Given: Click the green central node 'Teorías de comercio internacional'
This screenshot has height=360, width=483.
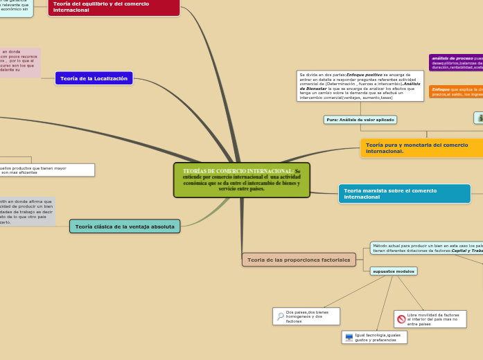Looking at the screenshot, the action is tap(241, 180).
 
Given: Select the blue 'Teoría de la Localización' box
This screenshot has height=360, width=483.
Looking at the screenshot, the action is tap(94, 79).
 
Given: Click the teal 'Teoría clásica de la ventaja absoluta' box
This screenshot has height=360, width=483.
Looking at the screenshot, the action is tap(125, 226).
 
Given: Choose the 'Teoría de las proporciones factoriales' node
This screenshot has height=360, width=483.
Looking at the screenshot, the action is tap(299, 260).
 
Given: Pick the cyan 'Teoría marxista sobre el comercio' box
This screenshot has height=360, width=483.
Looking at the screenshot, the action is tap(404, 194).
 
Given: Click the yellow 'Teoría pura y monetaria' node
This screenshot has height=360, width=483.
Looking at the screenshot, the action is tap(421, 147).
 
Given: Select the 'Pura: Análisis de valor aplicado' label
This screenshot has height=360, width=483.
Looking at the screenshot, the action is tap(360, 120).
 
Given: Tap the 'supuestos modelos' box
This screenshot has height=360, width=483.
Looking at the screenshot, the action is tap(393, 271).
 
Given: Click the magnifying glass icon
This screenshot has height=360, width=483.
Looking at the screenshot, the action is tap(280, 316).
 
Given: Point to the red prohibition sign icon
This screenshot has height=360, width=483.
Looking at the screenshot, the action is tap(401, 319).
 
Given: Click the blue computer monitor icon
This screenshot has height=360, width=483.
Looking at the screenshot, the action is tap(349, 338).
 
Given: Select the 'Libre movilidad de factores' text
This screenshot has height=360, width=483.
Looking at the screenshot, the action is tap(433, 319).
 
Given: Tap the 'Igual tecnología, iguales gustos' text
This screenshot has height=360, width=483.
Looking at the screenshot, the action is tap(378, 337).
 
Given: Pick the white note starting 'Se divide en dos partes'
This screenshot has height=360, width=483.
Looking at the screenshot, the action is tap(360, 86).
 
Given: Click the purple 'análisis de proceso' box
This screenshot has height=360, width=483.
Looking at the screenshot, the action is tap(456, 63).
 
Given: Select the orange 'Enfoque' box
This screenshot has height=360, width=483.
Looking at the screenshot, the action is tap(456, 91).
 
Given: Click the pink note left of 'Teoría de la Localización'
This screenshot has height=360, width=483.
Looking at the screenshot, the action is tap(20, 62).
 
